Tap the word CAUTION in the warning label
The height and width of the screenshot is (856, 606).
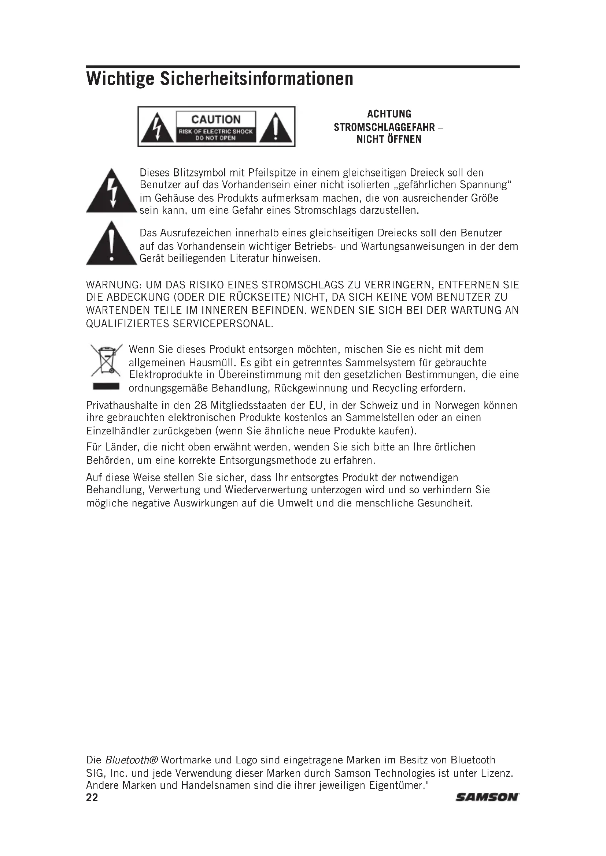(216, 120)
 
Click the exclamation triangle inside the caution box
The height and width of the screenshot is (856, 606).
(276, 127)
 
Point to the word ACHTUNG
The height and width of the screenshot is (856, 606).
(389, 114)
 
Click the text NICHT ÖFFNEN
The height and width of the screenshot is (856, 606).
(389, 139)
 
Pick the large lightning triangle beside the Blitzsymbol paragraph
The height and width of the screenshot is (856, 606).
(112, 192)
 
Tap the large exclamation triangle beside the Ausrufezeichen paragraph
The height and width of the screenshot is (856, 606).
(112, 244)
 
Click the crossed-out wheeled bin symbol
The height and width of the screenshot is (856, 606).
(106, 360)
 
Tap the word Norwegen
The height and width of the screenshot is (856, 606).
(458, 405)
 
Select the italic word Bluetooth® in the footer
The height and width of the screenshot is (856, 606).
(132, 760)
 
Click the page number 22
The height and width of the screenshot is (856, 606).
(92, 797)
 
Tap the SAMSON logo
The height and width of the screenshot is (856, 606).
(487, 797)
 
